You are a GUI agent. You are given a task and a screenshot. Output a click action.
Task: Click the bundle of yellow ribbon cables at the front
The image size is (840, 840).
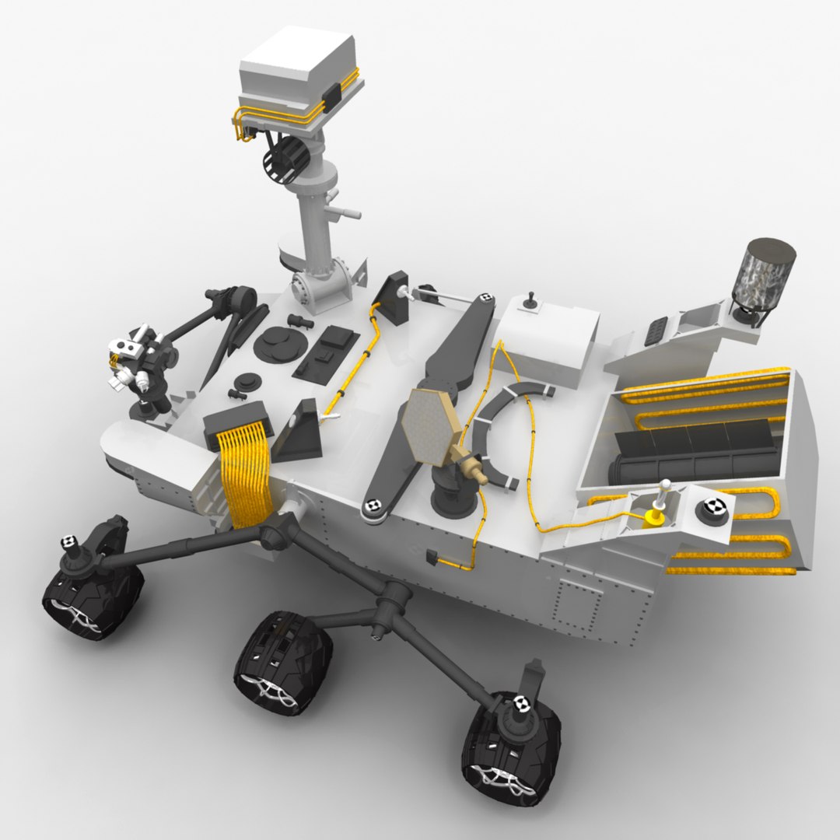pyautogui.click(x=244, y=474)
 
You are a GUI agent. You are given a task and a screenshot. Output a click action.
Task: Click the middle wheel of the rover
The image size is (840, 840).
pyautogui.click(x=284, y=661)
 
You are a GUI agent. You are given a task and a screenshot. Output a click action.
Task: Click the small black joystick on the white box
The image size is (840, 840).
pyautogui.click(x=531, y=299)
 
